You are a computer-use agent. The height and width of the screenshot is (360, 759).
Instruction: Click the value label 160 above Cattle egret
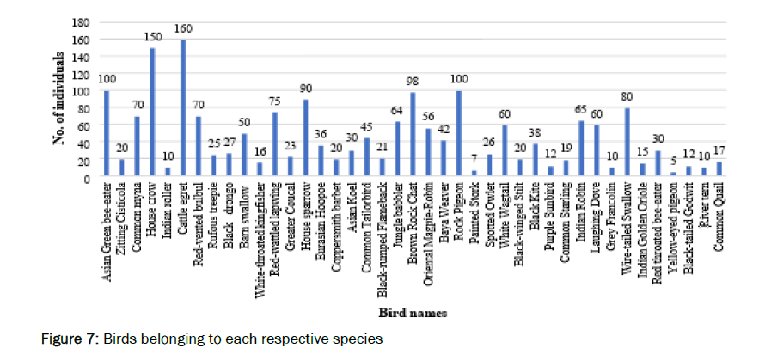[x=182, y=28]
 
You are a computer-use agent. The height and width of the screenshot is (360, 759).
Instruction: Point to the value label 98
[x=413, y=82]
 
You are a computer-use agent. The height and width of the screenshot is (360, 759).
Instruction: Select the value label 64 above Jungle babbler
[x=398, y=111]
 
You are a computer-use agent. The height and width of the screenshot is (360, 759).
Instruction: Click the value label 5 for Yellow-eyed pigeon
[x=672, y=162]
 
